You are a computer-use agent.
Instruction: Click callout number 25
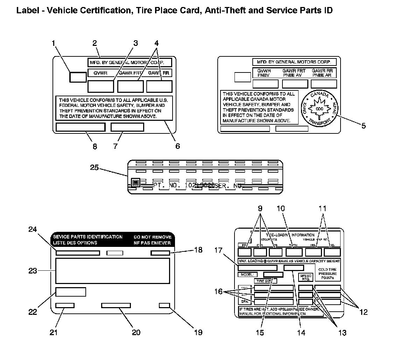(94, 168)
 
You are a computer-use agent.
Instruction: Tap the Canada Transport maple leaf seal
(319, 109)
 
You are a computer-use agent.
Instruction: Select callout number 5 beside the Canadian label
(364, 126)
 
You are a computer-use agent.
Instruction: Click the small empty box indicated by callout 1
(78, 77)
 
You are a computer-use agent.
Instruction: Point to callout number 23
(33, 270)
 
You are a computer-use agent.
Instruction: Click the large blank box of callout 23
(112, 271)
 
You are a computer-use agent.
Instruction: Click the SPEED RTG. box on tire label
(306, 277)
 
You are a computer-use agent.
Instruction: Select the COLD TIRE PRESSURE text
(328, 273)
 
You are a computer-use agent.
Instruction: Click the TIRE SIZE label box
(265, 281)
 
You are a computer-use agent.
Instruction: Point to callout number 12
(364, 312)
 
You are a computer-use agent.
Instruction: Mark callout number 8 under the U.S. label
(94, 146)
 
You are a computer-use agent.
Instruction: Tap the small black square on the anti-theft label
(135, 182)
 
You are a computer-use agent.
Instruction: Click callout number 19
(198, 332)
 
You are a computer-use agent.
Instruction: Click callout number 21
(53, 332)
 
